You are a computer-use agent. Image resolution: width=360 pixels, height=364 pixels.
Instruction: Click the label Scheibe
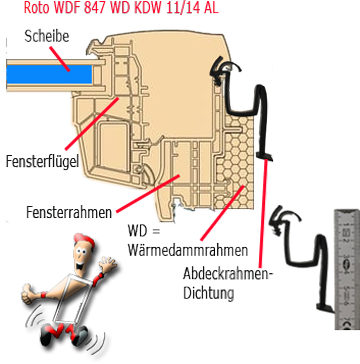click(x=47, y=36)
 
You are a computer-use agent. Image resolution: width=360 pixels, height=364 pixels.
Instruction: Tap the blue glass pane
click(x=49, y=74)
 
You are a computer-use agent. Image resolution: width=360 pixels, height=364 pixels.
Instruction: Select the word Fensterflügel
click(x=42, y=162)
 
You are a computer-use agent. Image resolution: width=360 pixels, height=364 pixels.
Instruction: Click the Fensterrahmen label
click(x=69, y=212)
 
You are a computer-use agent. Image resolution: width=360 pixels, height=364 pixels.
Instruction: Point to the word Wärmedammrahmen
click(x=188, y=250)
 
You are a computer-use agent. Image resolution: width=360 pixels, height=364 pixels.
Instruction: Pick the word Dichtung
click(x=208, y=293)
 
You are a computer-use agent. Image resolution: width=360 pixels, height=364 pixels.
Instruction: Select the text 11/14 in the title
click(x=180, y=8)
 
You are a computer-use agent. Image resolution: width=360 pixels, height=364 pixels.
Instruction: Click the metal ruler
click(x=347, y=269)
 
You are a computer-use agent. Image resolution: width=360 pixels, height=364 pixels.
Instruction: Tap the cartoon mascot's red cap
click(x=85, y=240)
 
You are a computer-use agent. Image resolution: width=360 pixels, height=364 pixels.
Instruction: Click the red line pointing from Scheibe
click(x=59, y=59)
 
